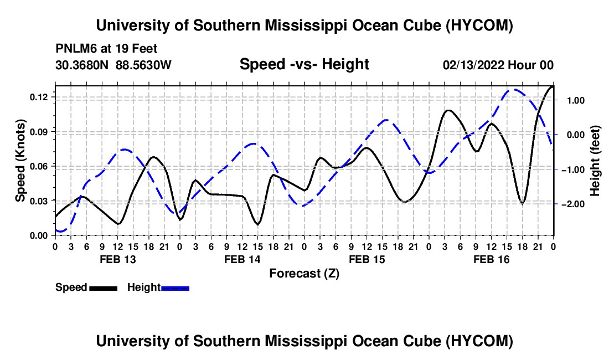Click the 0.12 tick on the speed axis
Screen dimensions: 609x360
click(38, 97)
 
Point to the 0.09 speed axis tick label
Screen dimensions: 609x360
click(38, 132)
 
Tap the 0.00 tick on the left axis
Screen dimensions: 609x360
click(38, 236)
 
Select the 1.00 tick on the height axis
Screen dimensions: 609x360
click(576, 101)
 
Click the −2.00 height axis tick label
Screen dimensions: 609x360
click(573, 204)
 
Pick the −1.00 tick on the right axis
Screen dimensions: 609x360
click(573, 169)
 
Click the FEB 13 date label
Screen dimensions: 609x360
click(118, 259)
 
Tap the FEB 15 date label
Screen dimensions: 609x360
click(367, 259)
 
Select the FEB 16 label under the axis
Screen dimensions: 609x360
click(491, 259)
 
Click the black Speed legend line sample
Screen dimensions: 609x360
click(104, 289)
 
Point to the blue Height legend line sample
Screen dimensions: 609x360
click(175, 289)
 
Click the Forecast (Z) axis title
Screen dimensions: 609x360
click(304, 274)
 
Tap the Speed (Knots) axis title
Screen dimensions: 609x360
click(20, 161)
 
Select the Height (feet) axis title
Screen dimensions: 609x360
click(595, 161)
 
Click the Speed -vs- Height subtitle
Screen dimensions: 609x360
click(304, 64)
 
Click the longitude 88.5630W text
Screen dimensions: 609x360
click(143, 65)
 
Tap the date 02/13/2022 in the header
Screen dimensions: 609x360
click(473, 65)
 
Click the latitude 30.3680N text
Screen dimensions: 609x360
click(82, 65)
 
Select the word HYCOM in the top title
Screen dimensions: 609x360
click(479, 25)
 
